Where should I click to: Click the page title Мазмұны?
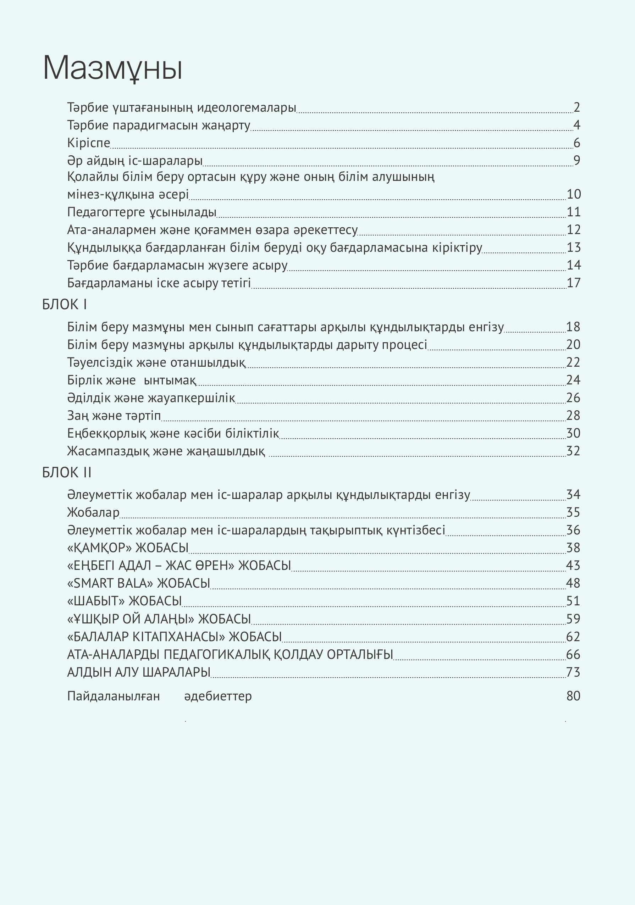click(x=112, y=68)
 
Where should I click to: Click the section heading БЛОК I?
click(x=65, y=305)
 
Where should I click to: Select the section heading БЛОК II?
click(x=67, y=473)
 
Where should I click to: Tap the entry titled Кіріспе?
click(x=88, y=143)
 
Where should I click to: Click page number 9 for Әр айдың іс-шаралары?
click(x=576, y=160)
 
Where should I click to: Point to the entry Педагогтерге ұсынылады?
click(x=142, y=212)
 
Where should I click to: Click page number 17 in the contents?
click(x=574, y=283)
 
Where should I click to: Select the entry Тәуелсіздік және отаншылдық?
click(x=156, y=362)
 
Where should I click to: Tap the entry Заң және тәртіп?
click(x=114, y=416)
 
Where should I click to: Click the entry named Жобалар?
click(x=93, y=512)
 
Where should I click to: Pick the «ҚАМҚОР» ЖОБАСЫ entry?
click(x=128, y=548)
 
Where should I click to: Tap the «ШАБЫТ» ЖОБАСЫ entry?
click(x=124, y=601)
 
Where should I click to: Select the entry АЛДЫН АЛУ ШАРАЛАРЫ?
click(x=139, y=672)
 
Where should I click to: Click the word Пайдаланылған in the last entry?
click(x=114, y=696)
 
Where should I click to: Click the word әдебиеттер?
click(x=218, y=696)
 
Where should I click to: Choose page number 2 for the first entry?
click(x=576, y=107)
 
